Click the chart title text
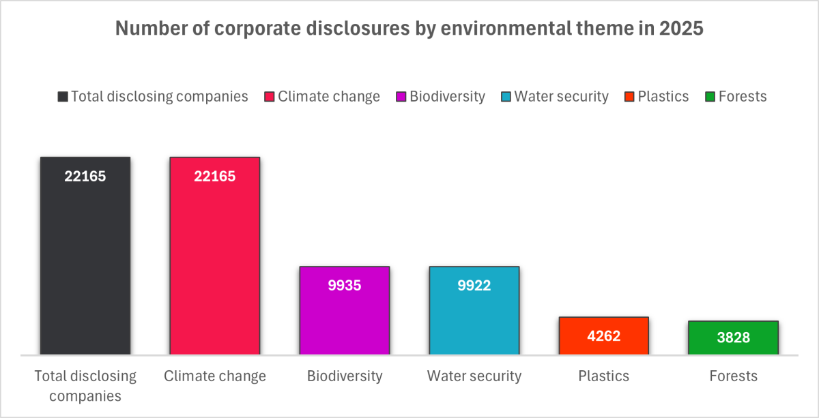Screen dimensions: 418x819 click(409, 29)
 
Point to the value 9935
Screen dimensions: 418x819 click(345, 286)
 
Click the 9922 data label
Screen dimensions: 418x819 click(474, 286)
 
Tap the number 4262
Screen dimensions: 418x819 click(603, 335)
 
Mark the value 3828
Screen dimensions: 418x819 click(733, 340)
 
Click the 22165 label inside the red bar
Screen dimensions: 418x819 click(215, 177)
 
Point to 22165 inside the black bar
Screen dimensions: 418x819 click(85, 177)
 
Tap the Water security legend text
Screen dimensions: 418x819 click(561, 97)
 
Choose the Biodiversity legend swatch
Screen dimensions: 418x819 click(401, 97)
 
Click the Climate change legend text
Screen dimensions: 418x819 click(329, 97)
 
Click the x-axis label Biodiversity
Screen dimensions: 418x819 click(345, 376)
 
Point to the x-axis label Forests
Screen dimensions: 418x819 click(733, 376)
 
